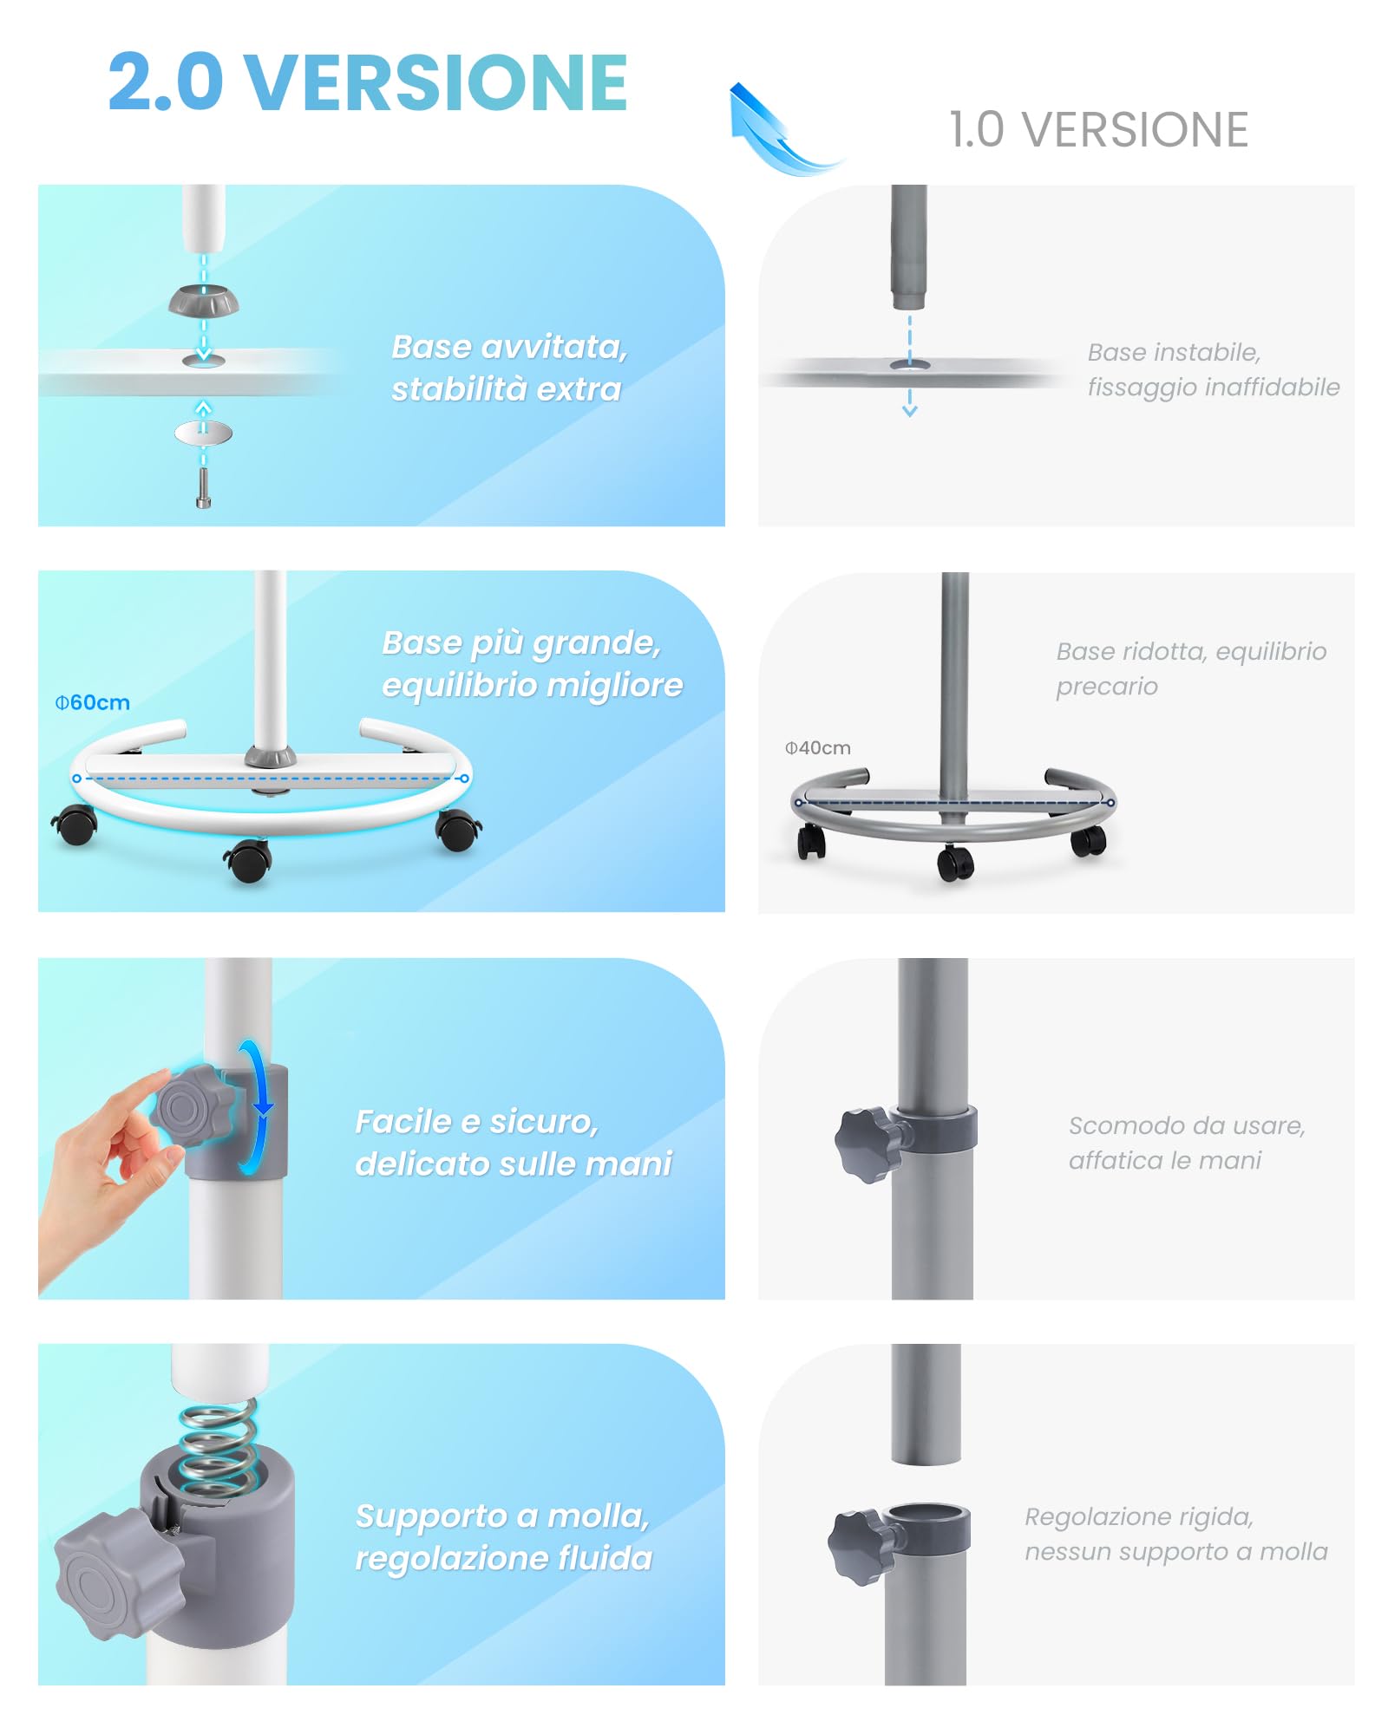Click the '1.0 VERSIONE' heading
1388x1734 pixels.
click(1098, 130)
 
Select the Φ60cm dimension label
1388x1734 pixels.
click(93, 702)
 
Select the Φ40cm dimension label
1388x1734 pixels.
click(817, 747)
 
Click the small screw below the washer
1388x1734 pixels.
click(204, 488)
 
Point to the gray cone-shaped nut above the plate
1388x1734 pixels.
click(204, 301)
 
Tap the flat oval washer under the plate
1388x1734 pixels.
click(204, 432)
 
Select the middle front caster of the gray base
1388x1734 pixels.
click(955, 862)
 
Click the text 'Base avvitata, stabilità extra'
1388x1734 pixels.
click(509, 368)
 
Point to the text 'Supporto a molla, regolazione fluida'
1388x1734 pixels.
click(504, 1536)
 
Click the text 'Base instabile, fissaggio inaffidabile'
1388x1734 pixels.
click(1214, 369)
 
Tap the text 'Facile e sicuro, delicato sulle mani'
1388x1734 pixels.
click(514, 1143)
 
